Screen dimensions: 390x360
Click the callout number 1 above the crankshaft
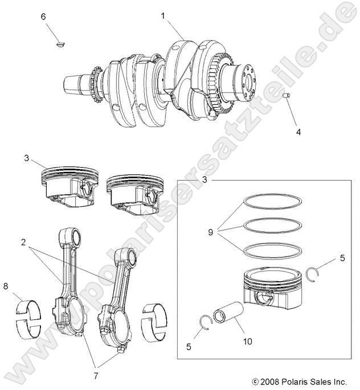point(163,16)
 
